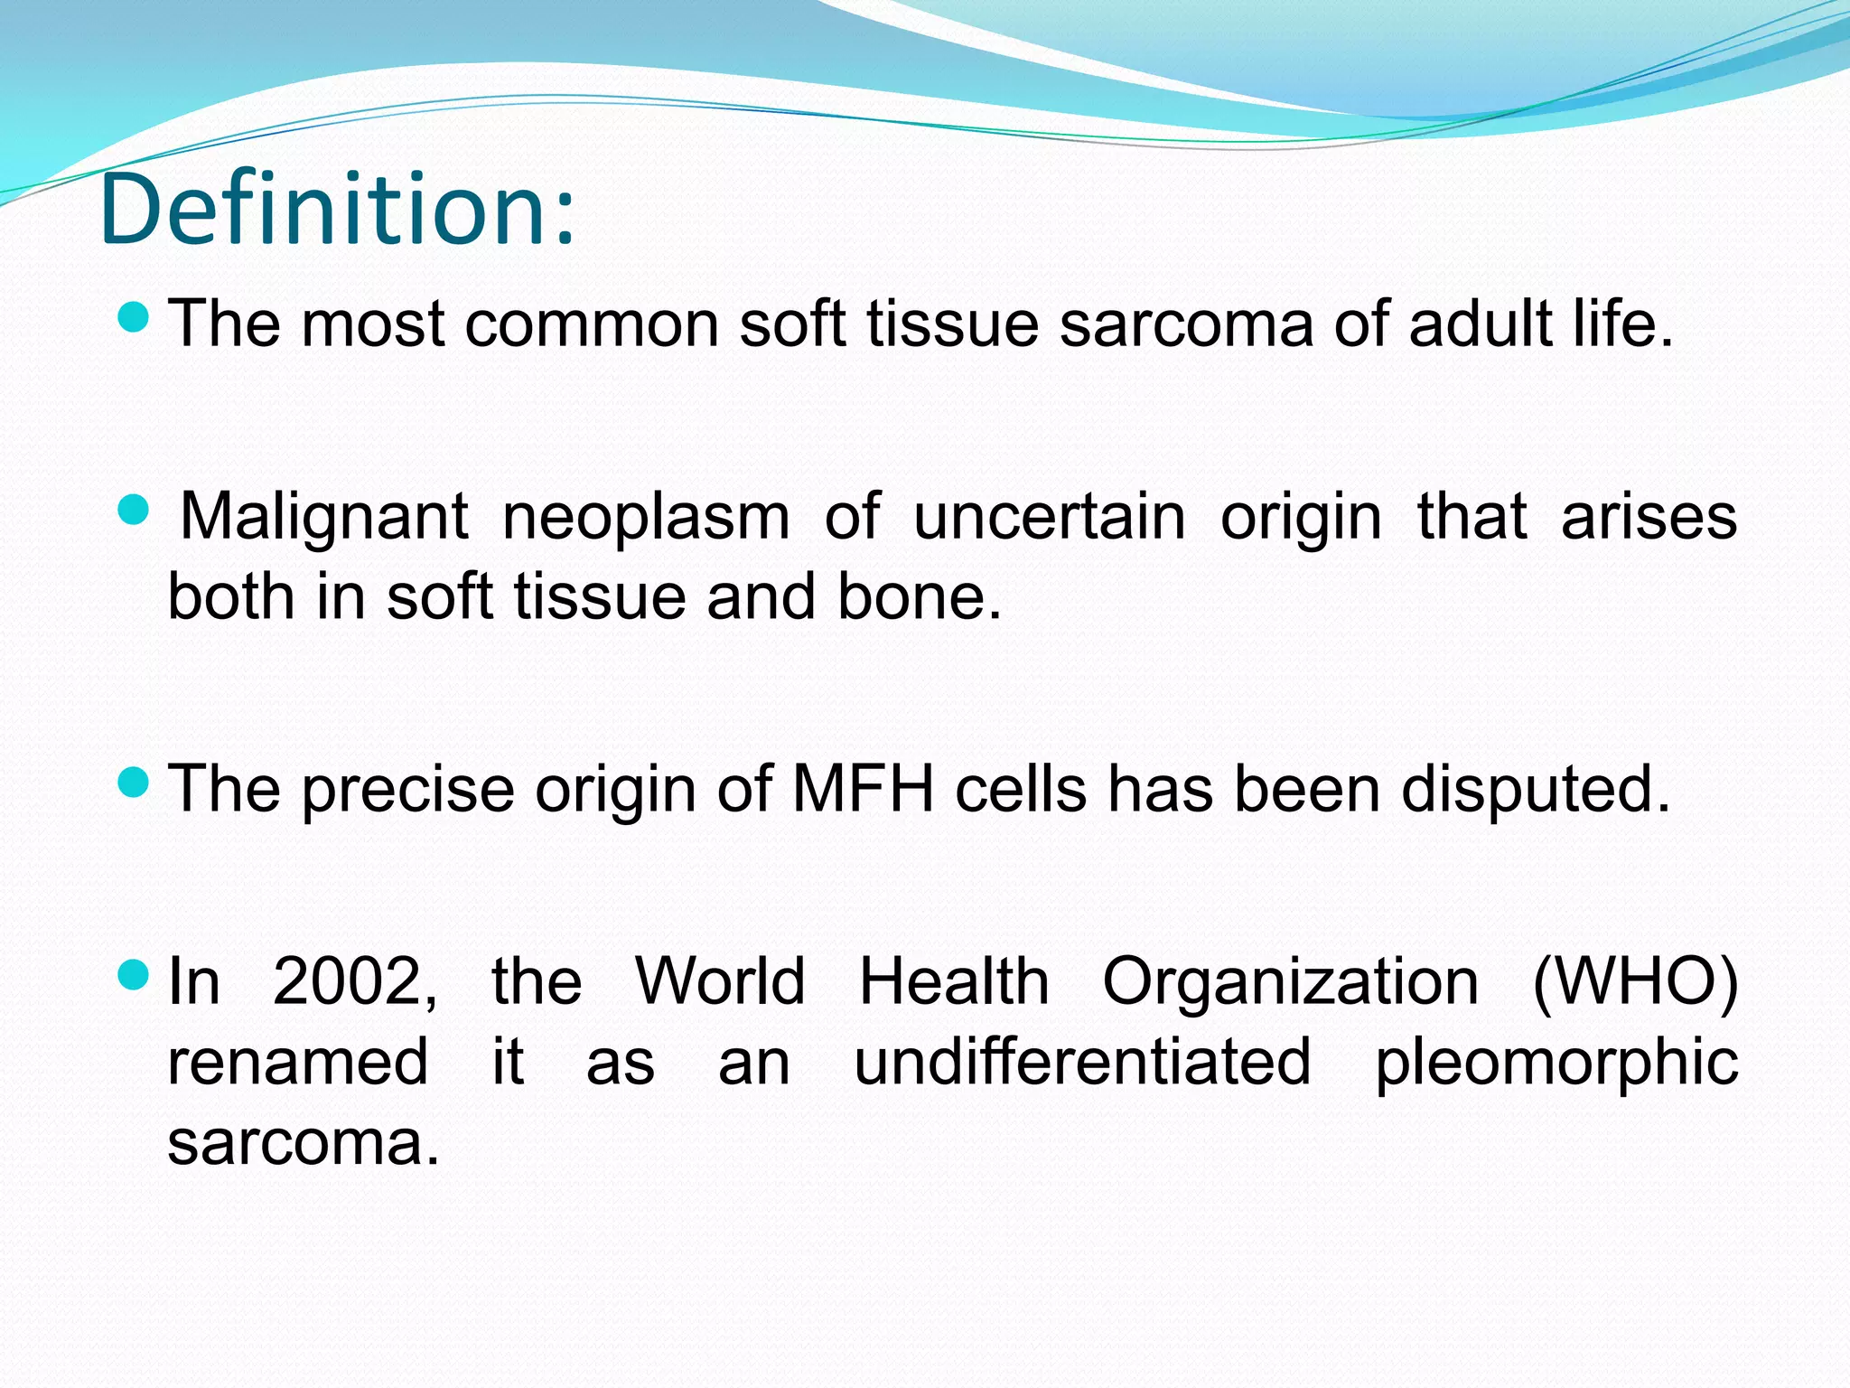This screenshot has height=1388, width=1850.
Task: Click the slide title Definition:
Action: tap(337, 210)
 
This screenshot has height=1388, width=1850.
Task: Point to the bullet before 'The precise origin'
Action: tap(134, 782)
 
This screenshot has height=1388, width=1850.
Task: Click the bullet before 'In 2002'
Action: tap(134, 974)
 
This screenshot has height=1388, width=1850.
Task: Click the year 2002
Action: tap(355, 981)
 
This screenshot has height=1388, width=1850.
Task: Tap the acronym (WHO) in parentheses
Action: tap(1636, 981)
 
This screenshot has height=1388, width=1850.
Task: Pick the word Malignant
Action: tap(323, 519)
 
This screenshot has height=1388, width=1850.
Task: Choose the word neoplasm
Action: tap(646, 519)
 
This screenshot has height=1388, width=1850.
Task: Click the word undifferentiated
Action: tap(1082, 1062)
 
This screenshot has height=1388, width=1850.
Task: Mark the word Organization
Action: tap(1290, 983)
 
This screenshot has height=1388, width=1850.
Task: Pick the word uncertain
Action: tap(1050, 519)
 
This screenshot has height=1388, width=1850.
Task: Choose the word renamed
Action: tap(298, 1063)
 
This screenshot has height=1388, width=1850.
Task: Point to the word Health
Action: tap(954, 981)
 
